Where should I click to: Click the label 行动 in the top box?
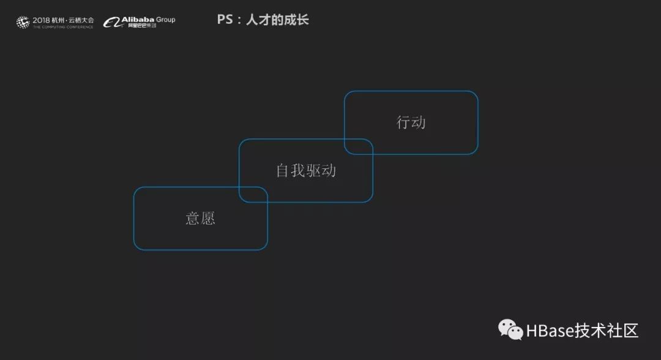[x=411, y=122]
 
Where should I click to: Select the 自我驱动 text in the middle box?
[x=306, y=170]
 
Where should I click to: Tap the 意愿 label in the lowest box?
[x=201, y=219]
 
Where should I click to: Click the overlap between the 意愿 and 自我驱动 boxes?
[x=253, y=194]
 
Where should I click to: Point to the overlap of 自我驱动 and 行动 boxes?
[x=359, y=146]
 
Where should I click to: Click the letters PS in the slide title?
[x=225, y=20]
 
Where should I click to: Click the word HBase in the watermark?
[x=549, y=331]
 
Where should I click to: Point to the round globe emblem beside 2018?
[x=23, y=23]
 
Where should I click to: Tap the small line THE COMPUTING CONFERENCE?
[x=63, y=27]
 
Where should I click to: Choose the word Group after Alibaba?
[x=165, y=20]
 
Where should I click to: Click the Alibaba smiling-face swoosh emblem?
[x=111, y=23]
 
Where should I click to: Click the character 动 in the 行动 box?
[x=419, y=122]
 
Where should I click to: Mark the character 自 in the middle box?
[x=283, y=170]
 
